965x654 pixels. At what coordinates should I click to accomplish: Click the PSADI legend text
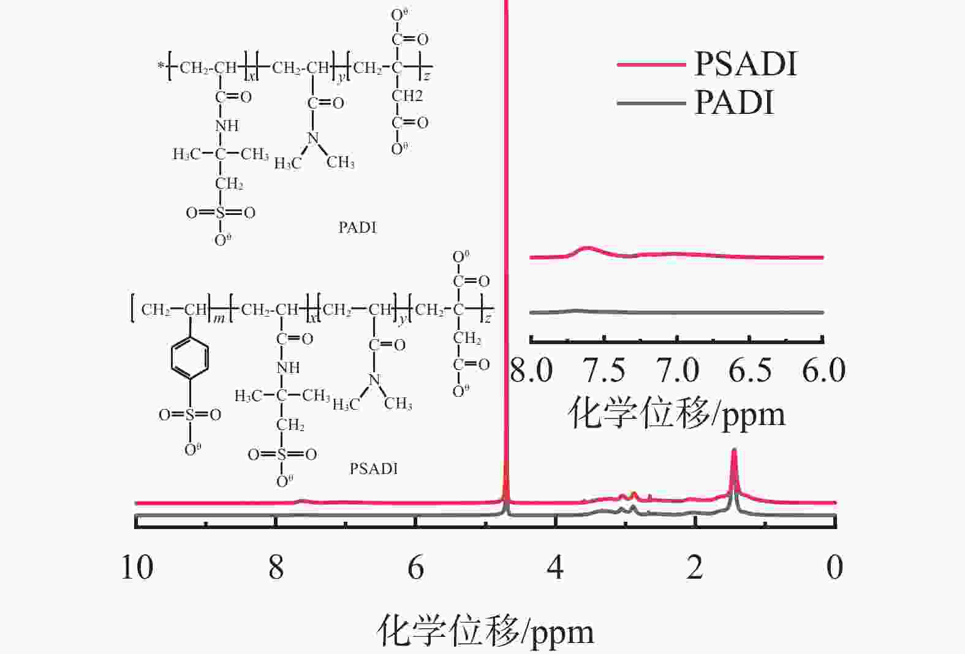point(746,64)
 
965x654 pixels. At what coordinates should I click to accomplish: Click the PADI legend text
point(735,102)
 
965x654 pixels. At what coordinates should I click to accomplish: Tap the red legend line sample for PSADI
point(651,64)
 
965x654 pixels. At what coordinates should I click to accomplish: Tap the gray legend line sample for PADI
point(651,103)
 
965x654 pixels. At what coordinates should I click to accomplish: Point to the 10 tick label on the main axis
point(137,567)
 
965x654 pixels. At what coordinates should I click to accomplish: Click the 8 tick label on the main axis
point(276,567)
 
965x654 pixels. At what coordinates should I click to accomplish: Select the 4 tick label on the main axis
point(555,567)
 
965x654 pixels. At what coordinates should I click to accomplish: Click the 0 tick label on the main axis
point(835,567)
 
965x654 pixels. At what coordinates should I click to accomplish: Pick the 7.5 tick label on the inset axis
point(604,370)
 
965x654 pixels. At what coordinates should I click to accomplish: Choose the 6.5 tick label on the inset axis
point(750,370)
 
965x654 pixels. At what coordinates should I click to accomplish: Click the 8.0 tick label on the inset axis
point(531,370)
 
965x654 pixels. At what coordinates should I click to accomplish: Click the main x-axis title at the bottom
point(485,631)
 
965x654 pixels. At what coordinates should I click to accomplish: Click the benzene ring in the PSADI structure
point(190,358)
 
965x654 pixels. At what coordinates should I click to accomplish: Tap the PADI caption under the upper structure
point(358,227)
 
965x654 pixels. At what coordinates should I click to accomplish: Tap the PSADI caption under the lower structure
point(374,468)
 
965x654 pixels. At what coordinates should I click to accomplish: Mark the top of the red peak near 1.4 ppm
point(734,449)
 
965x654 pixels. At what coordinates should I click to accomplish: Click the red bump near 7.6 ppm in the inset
point(587,247)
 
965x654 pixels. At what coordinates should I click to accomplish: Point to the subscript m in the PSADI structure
point(219,319)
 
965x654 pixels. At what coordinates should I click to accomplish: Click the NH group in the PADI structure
point(227,126)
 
